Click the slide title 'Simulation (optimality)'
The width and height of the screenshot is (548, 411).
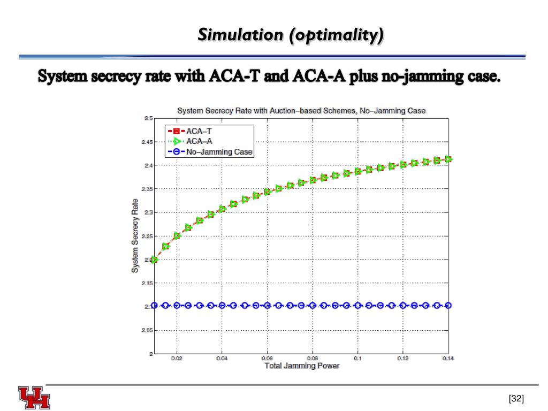click(x=291, y=35)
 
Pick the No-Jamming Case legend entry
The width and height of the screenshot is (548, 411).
click(x=219, y=152)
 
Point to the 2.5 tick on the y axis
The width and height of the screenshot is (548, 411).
click(x=148, y=118)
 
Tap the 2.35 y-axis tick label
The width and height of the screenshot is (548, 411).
click(x=147, y=189)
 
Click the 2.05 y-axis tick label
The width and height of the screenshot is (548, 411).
click(x=147, y=330)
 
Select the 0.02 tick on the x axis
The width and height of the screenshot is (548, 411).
click(x=177, y=359)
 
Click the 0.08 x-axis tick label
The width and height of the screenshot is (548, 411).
click(x=313, y=359)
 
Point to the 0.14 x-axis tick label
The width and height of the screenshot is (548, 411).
click(x=448, y=359)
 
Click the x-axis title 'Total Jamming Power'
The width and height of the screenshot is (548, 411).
click(x=302, y=366)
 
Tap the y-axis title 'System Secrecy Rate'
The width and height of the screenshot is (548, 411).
click(x=135, y=235)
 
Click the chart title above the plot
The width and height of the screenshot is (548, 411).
click(x=301, y=111)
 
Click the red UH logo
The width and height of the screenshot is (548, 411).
click(x=34, y=397)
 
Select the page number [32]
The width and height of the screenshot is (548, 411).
click(x=516, y=399)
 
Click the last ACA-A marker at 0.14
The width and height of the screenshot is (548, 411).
click(x=448, y=159)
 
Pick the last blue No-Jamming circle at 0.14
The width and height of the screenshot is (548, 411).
click(x=448, y=306)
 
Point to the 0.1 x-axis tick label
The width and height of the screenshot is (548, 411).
click(x=357, y=359)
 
